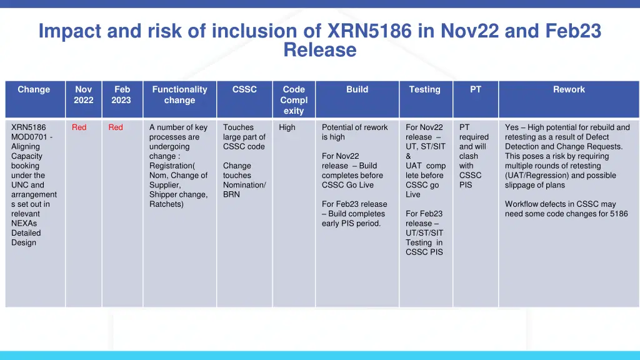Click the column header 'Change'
click(34, 89)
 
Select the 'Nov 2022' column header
click(83, 95)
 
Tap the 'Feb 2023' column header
click(121, 95)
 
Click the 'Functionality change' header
click(179, 95)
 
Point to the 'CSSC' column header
click(244, 89)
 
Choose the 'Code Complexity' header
click(293, 100)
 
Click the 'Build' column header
click(357, 89)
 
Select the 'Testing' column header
click(424, 89)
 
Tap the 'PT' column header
click(476, 89)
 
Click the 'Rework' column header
click(569, 89)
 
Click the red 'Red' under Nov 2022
click(79, 127)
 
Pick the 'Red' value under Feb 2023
click(116, 127)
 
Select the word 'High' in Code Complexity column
click(287, 127)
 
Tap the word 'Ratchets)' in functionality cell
click(166, 204)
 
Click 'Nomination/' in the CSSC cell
click(244, 185)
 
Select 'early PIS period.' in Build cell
click(351, 224)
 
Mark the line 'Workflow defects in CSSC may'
click(560, 204)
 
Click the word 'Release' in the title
click(319, 49)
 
